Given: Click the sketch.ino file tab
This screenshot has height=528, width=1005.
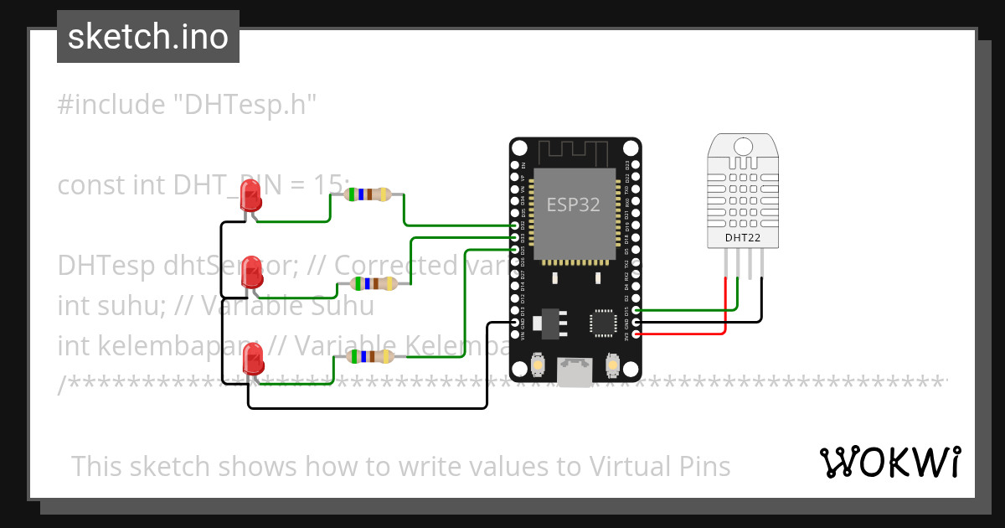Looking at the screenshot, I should coord(148,37).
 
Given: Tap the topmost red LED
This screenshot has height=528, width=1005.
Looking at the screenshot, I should coord(250,198).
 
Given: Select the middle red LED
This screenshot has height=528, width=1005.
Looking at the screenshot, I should coord(250,272).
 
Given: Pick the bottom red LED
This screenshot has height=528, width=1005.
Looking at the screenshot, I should coord(251,360).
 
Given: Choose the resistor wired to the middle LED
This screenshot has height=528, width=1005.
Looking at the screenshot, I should coord(374,283).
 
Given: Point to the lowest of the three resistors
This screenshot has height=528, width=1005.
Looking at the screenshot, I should coord(368,357).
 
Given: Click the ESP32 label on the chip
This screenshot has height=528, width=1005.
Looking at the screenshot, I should coord(574,204).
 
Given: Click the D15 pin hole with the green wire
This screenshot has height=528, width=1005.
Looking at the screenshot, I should coord(636,310).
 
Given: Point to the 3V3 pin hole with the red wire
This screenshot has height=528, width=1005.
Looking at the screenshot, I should coord(636,334).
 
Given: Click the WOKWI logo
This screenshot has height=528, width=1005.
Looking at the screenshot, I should coord(889,462).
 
